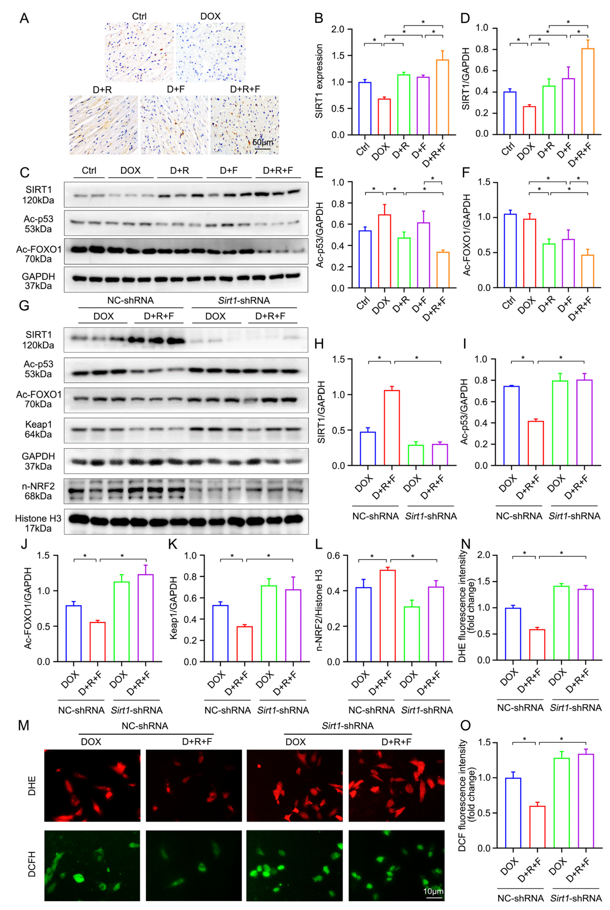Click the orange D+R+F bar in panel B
[442, 97]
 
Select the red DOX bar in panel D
[529, 121]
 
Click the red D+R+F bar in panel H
[392, 428]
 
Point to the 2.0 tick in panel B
[338, 29]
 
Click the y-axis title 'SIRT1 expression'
[319, 81]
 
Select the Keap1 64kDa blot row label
[38, 429]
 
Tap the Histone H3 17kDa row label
[38, 523]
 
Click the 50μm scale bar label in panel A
[263, 142]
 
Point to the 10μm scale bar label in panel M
[433, 891]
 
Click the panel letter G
[24, 305]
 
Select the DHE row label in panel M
[32, 786]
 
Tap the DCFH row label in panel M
[32, 864]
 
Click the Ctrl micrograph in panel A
[139, 52]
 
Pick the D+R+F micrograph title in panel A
[245, 90]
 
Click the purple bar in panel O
[586, 801]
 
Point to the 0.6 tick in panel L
[334, 556]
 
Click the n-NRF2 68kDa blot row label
[38, 491]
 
